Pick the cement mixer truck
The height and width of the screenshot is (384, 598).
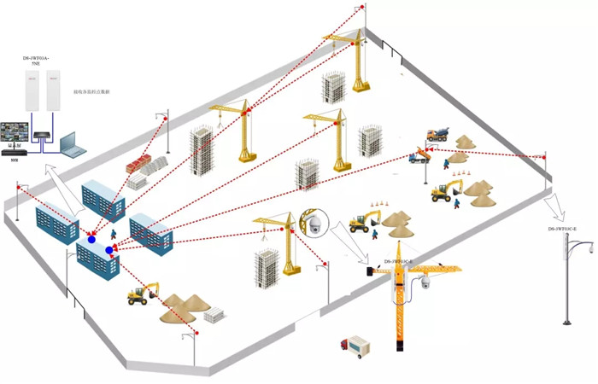point(438,132)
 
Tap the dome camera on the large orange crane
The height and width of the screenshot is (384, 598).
point(425,282)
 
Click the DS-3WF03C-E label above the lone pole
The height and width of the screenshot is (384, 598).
point(563,230)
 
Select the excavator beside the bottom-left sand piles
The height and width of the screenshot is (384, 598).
point(140,294)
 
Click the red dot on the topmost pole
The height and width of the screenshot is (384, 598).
point(362,8)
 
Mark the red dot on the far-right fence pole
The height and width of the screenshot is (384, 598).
point(545,156)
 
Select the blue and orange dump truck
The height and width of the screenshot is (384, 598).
point(420,156)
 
